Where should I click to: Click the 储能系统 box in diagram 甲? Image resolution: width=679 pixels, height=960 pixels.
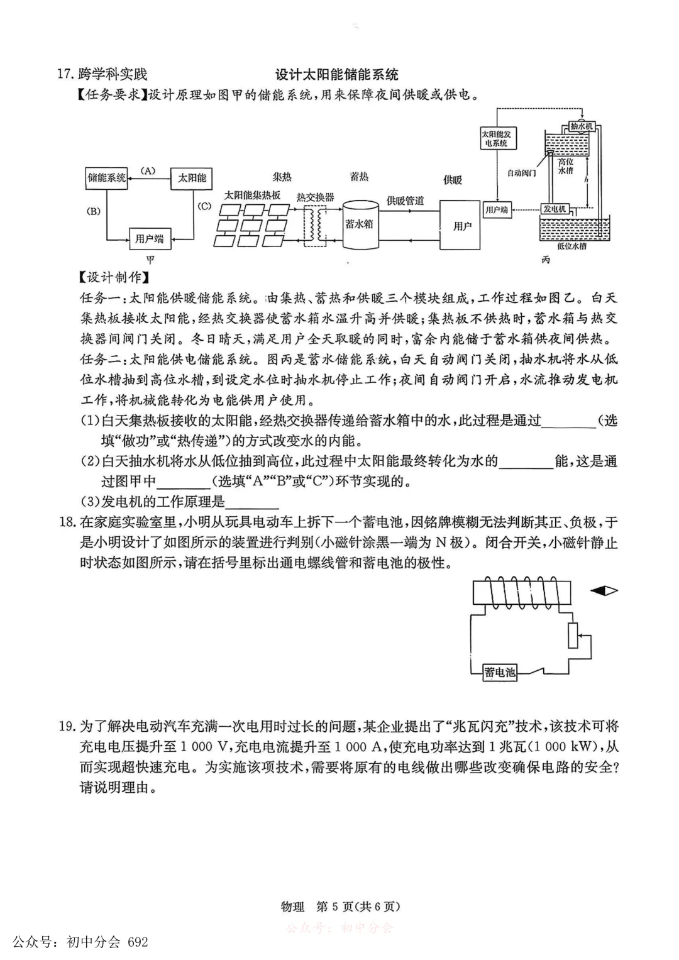click(x=107, y=178)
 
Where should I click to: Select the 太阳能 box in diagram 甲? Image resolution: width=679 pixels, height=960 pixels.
click(x=192, y=178)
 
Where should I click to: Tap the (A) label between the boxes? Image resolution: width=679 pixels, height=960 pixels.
click(x=148, y=170)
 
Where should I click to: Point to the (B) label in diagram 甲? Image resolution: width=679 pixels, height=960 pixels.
click(x=94, y=211)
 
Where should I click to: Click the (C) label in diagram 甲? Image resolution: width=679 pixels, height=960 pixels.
click(x=204, y=206)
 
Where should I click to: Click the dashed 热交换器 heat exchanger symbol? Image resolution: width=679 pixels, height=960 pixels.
click(x=316, y=224)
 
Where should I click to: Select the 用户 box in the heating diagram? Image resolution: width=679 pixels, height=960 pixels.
click(x=462, y=225)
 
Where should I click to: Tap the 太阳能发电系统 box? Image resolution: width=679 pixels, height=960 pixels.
click(x=496, y=139)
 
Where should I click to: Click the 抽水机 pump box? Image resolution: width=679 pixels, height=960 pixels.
click(x=581, y=126)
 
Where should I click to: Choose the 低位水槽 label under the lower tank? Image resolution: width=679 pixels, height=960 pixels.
click(x=571, y=246)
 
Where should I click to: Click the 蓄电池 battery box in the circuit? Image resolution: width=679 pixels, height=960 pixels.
click(x=500, y=672)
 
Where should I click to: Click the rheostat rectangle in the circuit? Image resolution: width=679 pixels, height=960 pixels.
click(x=573, y=635)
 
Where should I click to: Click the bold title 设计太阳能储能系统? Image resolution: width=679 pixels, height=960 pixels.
click(x=337, y=75)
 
